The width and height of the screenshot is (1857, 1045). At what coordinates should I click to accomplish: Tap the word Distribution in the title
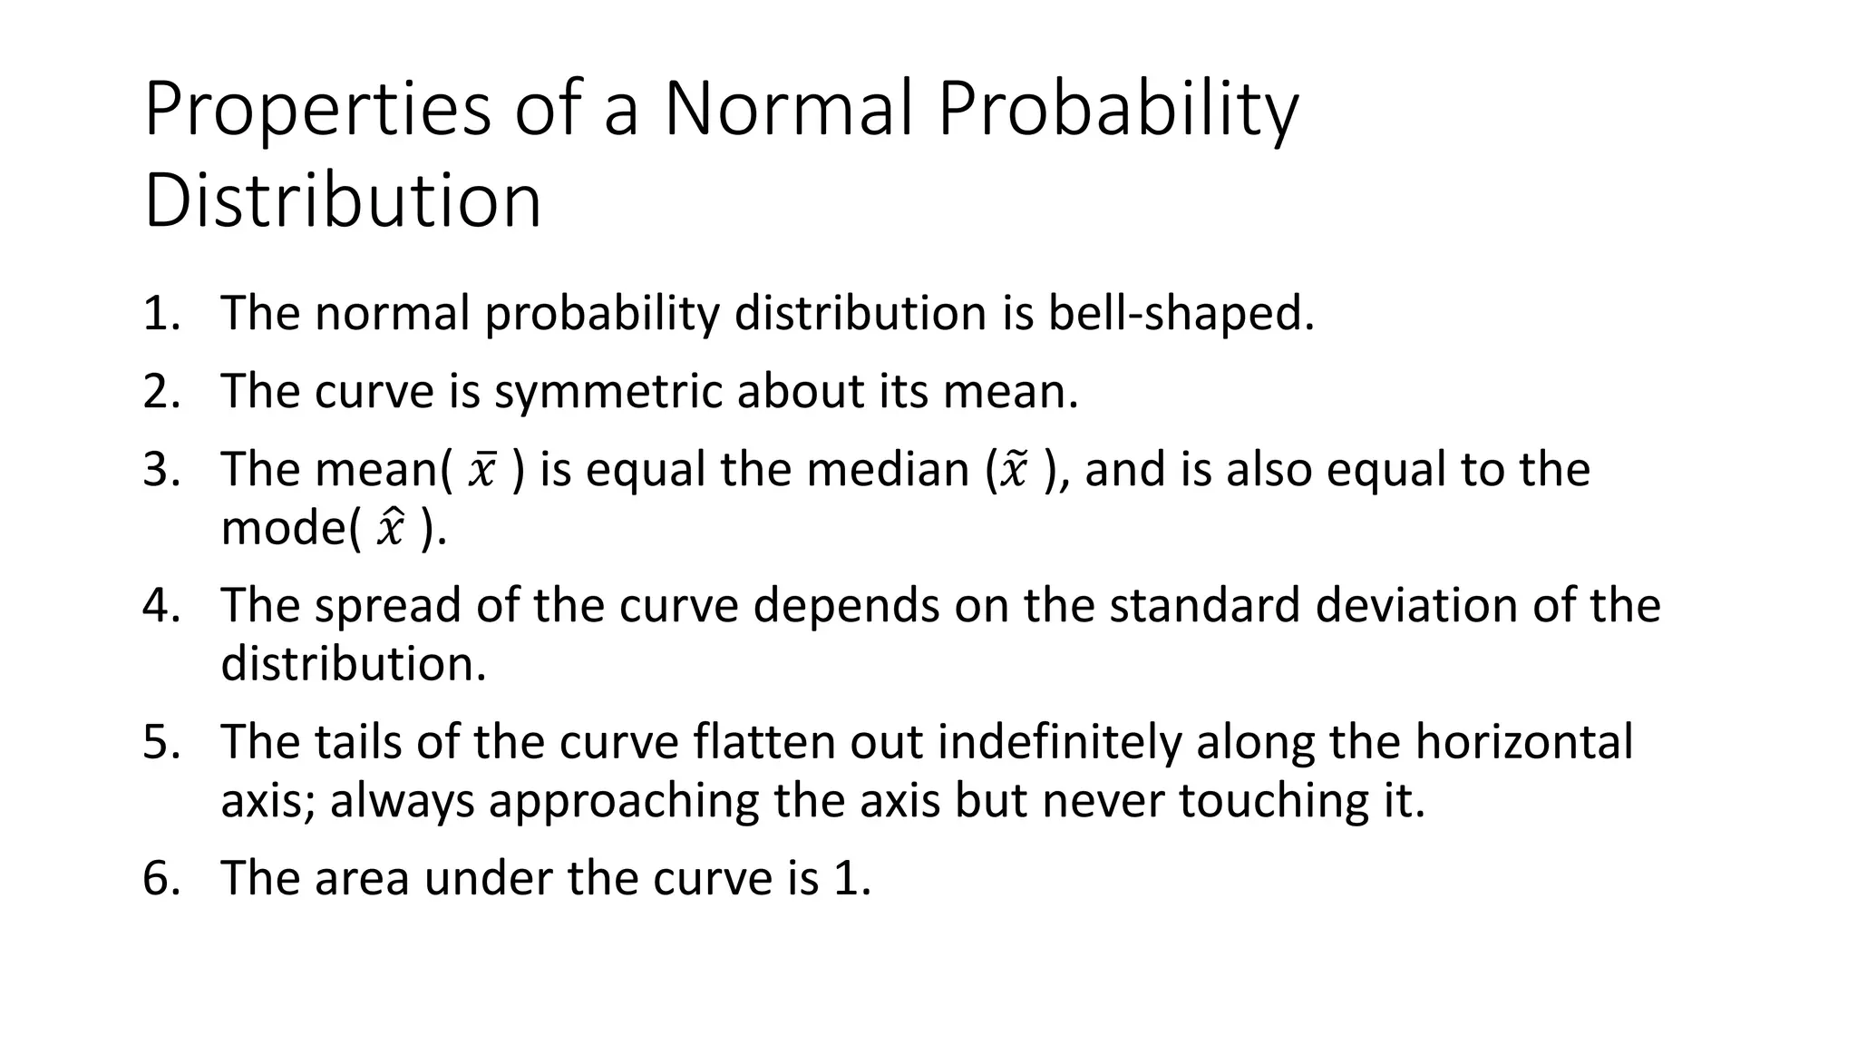pos(343,200)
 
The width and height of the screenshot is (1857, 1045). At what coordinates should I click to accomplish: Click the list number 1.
pos(160,314)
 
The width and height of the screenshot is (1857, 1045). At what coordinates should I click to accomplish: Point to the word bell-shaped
pos(1181,314)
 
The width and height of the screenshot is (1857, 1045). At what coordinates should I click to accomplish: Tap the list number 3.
pos(160,470)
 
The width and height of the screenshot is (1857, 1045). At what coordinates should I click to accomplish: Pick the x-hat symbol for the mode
pos(391,529)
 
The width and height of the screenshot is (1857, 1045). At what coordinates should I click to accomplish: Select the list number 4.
pos(160,606)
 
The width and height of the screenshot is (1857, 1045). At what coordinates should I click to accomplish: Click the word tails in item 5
pos(357,742)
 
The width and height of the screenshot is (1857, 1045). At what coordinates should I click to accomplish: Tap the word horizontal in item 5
pos(1523,742)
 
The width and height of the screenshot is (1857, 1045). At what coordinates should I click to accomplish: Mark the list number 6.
pos(160,879)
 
